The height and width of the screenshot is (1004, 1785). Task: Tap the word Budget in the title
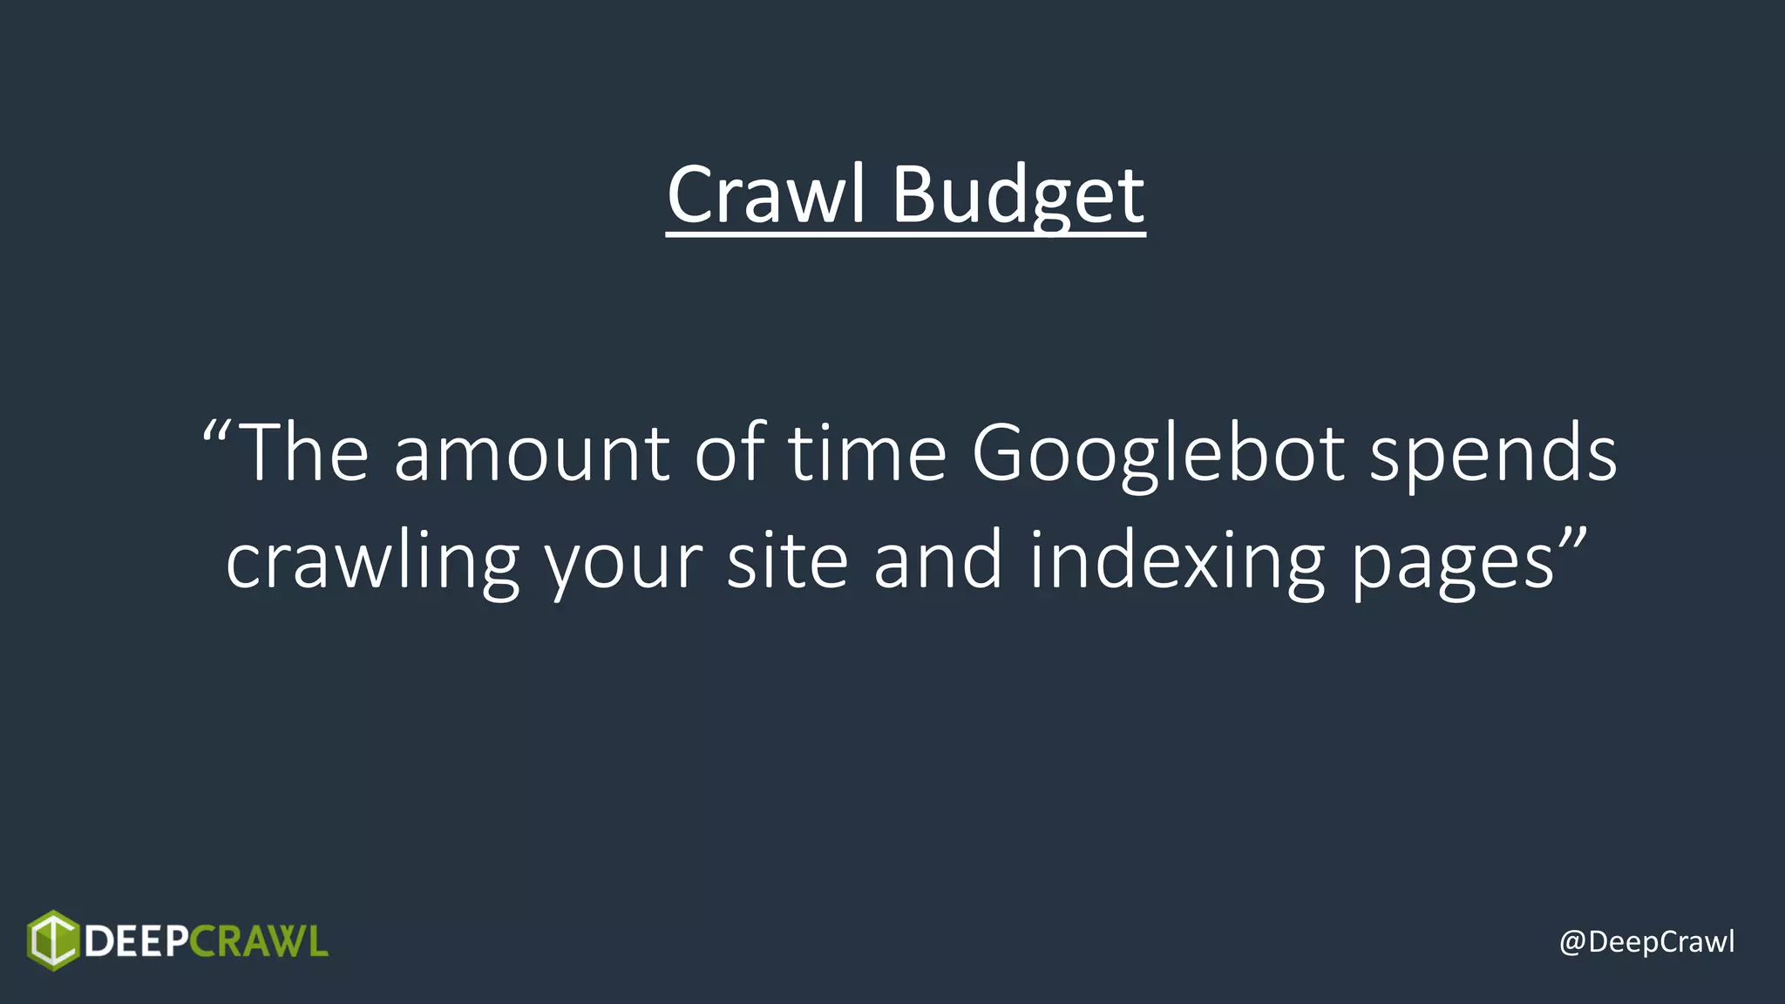coord(1017,195)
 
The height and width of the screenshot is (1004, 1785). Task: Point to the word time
coord(867,453)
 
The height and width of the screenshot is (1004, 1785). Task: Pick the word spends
coord(1493,453)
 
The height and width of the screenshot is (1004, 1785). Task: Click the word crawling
coord(373,561)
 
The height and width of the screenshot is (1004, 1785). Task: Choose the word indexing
coord(1177,561)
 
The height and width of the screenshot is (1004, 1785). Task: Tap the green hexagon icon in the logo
coord(53,940)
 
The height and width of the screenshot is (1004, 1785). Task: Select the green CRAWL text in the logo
coord(259,941)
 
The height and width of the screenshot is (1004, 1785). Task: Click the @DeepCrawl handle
coord(1646,942)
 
